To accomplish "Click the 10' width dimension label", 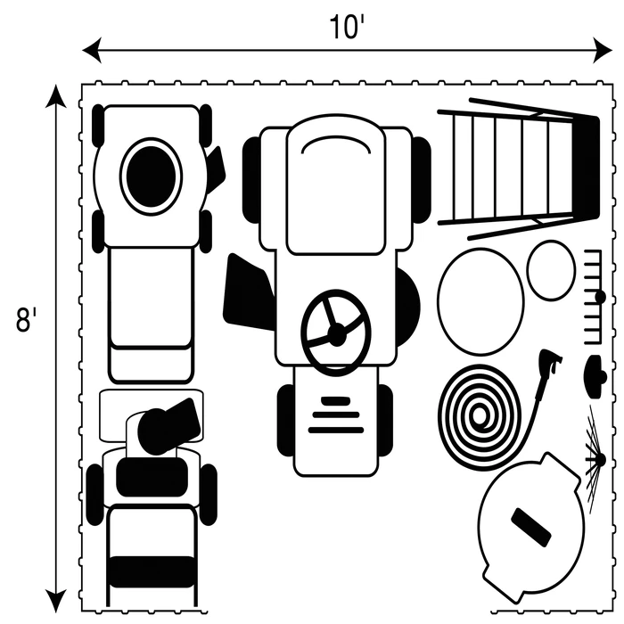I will click(347, 28).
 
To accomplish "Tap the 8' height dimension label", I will click(24, 319).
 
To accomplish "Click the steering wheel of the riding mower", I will click(335, 333).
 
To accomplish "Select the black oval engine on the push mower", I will click(151, 176).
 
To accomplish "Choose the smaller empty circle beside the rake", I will click(551, 269).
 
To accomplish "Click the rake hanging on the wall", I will click(595, 296).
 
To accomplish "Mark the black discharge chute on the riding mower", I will click(248, 291).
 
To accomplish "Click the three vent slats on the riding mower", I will click(335, 415).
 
